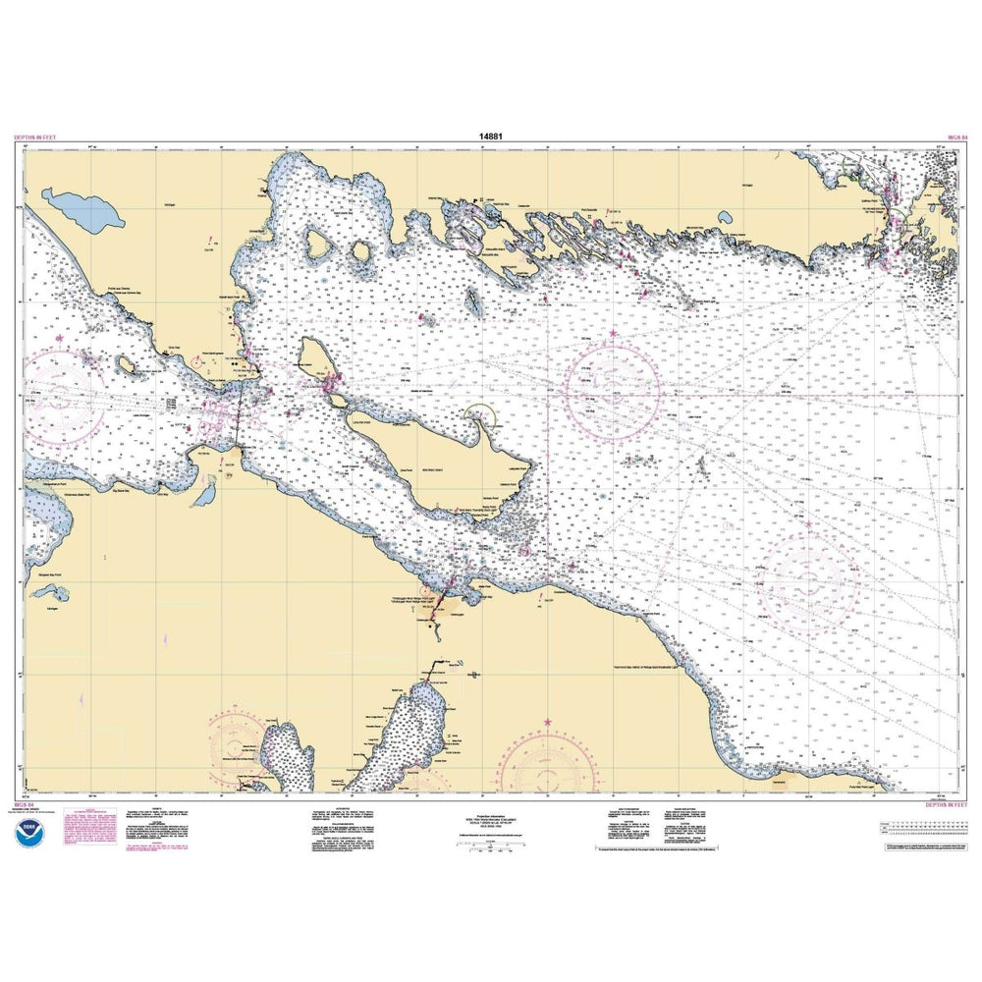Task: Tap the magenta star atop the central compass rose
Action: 614,334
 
